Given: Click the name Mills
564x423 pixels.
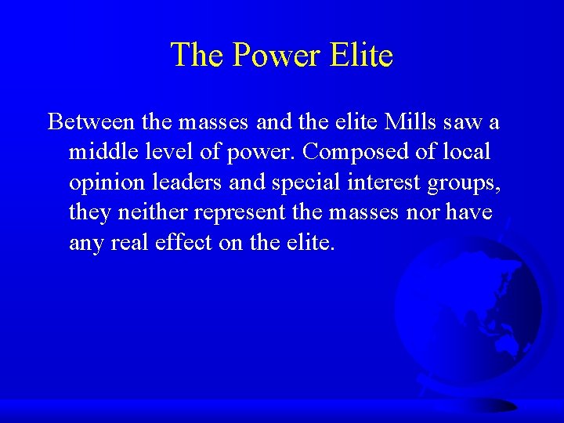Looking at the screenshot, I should (403, 122).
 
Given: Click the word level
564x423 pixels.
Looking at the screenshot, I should (170, 153).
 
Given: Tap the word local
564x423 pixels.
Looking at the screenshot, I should (467, 153).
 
